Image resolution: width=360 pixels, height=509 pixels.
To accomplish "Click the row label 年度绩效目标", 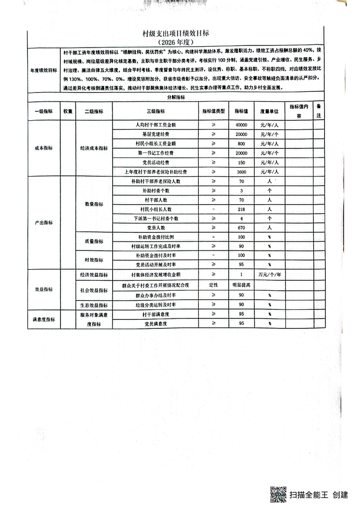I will click(44, 70).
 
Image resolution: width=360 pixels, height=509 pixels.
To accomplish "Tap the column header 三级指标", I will click(156, 112).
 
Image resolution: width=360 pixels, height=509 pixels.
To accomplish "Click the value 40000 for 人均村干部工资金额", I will click(241, 124).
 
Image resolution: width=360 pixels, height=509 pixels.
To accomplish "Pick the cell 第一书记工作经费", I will click(156, 153).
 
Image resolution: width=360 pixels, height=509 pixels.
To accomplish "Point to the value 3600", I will click(241, 172).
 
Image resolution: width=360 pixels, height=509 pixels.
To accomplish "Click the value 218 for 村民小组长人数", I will click(241, 209).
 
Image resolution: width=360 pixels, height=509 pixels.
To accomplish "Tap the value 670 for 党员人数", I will click(241, 227).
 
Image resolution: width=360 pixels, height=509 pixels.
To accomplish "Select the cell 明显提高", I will click(241, 284).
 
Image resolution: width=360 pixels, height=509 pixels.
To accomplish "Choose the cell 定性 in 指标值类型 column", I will click(213, 284).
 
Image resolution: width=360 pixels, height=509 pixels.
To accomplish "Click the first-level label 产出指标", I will click(44, 223).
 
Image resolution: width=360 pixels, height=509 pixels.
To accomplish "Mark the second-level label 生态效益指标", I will click(94, 305).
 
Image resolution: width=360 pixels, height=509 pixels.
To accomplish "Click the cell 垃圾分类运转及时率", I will click(156, 304).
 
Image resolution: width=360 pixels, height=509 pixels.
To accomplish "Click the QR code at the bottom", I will click(278, 494).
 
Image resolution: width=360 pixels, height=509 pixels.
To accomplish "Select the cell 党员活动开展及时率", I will click(156, 264).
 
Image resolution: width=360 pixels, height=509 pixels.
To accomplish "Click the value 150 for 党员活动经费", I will click(241, 162).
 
